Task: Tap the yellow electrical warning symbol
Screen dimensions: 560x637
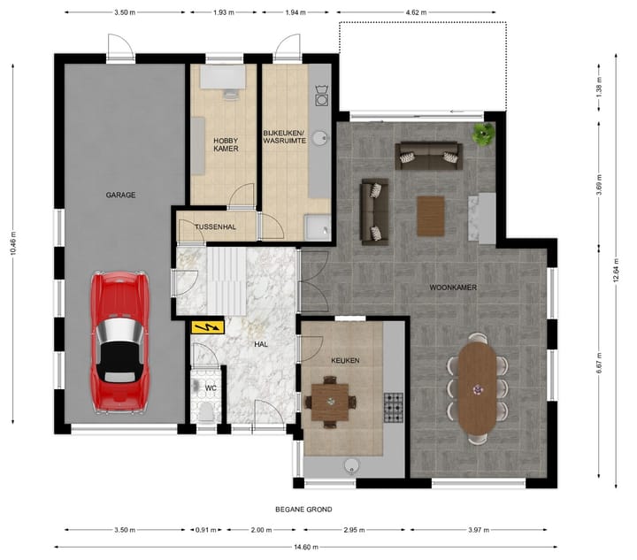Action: (x=209, y=327)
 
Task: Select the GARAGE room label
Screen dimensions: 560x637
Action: (x=120, y=195)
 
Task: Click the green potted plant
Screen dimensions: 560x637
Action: (x=483, y=134)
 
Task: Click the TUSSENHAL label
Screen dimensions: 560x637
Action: (x=215, y=227)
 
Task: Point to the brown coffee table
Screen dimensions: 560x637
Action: (x=431, y=215)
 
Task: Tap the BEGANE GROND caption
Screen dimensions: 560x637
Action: (x=303, y=510)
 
